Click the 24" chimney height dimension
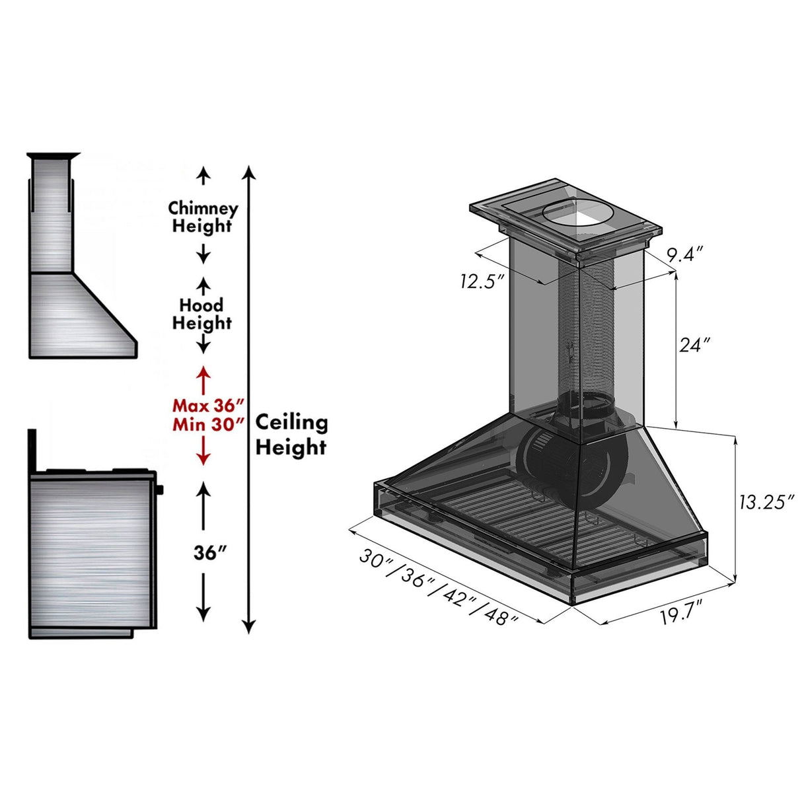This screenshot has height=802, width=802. (x=694, y=344)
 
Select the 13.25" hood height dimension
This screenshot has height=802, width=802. (x=765, y=502)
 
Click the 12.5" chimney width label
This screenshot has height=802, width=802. (x=482, y=281)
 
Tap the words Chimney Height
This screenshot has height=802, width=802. (x=203, y=217)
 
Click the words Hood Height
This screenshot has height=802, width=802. (x=201, y=314)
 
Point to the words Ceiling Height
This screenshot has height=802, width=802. (x=291, y=435)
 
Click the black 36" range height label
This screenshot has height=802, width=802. (x=210, y=553)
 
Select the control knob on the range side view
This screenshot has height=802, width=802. (x=159, y=490)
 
